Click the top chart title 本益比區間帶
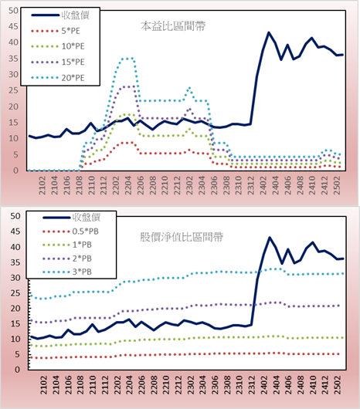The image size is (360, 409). coord(173,26)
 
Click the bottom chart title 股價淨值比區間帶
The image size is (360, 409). coord(182,237)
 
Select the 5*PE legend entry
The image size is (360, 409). coord(56,31)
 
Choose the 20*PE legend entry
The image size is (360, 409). coord(58,78)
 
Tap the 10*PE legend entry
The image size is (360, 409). coord(58,46)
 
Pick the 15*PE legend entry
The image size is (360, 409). coord(58,62)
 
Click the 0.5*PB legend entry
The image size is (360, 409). coord(70,232)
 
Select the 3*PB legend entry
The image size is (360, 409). coord(67,272)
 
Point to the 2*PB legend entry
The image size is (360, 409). coord(67,259)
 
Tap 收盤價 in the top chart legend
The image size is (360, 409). coord(60,15)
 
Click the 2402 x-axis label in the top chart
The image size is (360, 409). coord(263,185)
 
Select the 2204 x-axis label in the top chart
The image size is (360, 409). coord(128,185)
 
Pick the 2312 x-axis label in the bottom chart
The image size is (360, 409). coord(252,385)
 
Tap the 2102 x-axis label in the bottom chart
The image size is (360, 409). coord(43,385)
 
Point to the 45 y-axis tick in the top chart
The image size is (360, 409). coord(13,26)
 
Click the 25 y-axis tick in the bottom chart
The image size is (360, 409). coord(15,293)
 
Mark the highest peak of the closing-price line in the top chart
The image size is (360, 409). coord(269,32)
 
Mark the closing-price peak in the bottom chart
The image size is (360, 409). coord(270,238)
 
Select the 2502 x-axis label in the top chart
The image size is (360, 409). coord(337,185)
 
